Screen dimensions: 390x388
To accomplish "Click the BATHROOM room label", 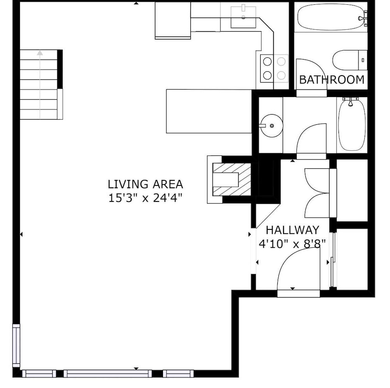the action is [332, 80].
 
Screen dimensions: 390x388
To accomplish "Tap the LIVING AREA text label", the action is [145, 184].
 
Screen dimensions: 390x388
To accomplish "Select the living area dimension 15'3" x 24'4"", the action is [145, 198].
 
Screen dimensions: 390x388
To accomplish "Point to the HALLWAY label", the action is [292, 230].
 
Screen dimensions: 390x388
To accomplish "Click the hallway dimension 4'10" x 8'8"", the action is [292, 244].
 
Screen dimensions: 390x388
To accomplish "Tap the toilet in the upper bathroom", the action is [350, 60].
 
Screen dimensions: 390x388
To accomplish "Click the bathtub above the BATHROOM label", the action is [331, 17].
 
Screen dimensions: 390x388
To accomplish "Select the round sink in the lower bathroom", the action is [272, 126].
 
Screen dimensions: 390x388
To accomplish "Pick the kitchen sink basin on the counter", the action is [243, 17].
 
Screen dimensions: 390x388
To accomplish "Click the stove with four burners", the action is [274, 69].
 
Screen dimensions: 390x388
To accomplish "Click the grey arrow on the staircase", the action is [40, 85].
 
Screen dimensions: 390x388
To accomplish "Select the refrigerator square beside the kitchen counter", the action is [173, 20].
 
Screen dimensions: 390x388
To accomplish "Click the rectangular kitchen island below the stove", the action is [209, 111].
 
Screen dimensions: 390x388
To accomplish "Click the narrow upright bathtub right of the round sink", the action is [352, 124].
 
